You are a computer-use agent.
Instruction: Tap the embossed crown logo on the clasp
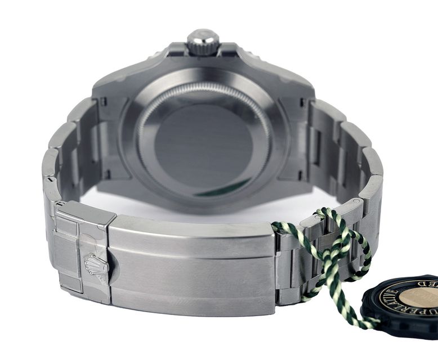point(96,265)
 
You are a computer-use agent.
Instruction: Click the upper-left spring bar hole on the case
point(104,102)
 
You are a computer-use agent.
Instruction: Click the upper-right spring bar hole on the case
point(309,102)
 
